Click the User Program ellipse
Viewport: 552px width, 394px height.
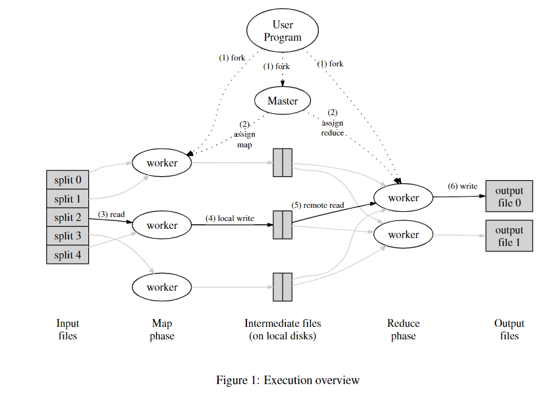[x=282, y=31]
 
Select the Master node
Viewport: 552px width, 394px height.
[x=282, y=101]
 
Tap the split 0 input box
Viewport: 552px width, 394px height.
[x=68, y=180]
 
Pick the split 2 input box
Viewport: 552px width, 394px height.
[x=68, y=217]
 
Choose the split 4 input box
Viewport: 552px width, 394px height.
[x=68, y=255]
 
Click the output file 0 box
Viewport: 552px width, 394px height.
[x=509, y=196]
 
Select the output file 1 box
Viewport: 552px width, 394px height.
[x=509, y=236]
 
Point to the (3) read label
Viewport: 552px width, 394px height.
[x=111, y=214]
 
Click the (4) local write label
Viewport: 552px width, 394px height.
[x=230, y=218]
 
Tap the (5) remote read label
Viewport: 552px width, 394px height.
[x=319, y=205]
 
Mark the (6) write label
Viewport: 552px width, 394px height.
[x=462, y=185]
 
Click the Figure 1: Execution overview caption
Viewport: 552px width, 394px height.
[x=288, y=380]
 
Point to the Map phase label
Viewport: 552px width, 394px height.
[x=162, y=330]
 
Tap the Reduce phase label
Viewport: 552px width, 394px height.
[x=403, y=330]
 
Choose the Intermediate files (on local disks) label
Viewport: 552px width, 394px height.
[x=283, y=330]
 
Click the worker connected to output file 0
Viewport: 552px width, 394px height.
[x=403, y=197]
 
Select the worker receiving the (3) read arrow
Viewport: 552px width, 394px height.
[x=162, y=225]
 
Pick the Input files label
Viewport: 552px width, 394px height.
[x=67, y=330]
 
